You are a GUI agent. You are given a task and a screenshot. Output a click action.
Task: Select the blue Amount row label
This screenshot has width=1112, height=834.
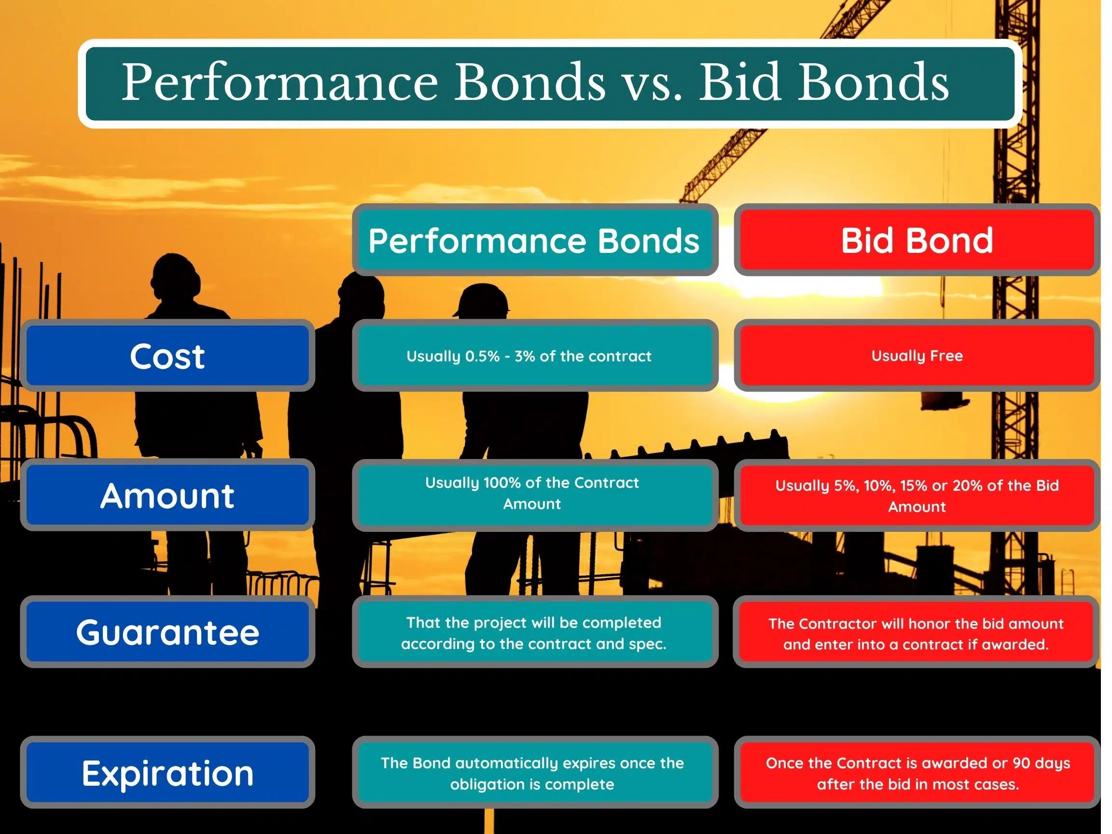[167, 496]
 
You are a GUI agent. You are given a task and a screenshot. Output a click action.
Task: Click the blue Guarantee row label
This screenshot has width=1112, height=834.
[167, 632]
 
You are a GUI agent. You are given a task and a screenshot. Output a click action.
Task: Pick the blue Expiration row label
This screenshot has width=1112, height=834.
[167, 773]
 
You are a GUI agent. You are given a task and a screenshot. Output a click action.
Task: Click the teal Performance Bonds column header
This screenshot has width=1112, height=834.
[534, 240]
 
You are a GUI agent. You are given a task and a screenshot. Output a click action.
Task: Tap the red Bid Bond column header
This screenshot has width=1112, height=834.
[917, 240]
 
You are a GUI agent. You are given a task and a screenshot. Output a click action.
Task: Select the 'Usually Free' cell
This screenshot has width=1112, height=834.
[917, 356]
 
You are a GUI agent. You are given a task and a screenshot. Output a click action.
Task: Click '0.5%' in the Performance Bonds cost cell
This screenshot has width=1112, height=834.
[482, 356]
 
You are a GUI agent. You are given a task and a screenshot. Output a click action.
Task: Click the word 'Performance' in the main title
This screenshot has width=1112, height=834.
[279, 82]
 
